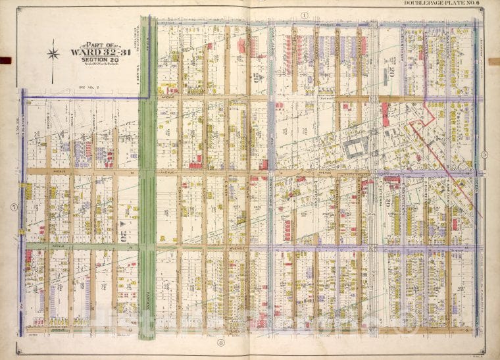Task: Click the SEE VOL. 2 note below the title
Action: coord(87,86)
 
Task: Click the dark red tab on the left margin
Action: coord(5,60)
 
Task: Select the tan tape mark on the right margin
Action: coord(493,60)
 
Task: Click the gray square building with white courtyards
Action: coord(356,149)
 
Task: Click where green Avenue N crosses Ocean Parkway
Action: coord(147,247)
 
